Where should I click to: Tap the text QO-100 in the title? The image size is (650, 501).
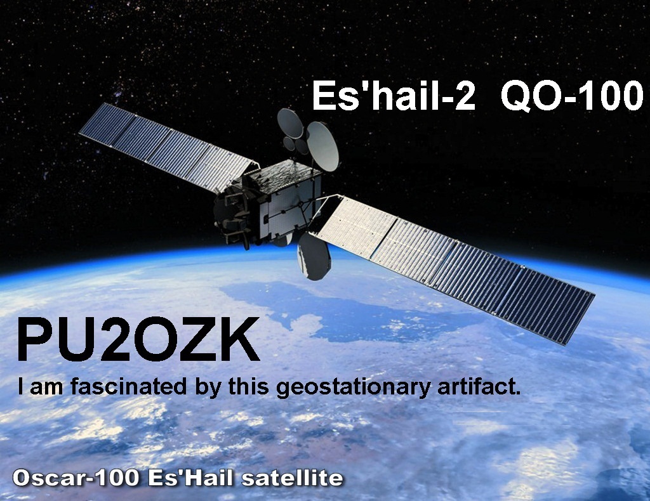[x=572, y=96]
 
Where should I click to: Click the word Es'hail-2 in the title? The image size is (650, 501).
[x=393, y=96]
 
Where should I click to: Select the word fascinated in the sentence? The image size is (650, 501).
[x=128, y=387]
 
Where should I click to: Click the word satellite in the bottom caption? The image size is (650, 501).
[x=292, y=478]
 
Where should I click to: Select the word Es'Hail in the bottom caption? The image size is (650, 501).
[x=190, y=478]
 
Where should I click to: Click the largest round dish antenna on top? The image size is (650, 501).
[x=322, y=146]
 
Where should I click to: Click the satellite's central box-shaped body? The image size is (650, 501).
[x=284, y=198]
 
